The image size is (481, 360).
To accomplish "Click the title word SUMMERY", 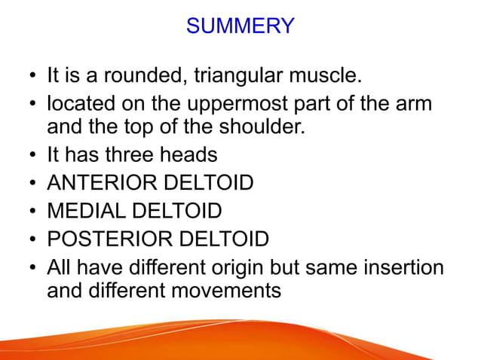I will (x=240, y=26).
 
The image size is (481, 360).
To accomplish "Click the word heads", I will (x=191, y=154).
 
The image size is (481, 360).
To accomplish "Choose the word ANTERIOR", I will (x=101, y=183).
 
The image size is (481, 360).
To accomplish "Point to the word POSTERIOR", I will (x=110, y=239).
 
